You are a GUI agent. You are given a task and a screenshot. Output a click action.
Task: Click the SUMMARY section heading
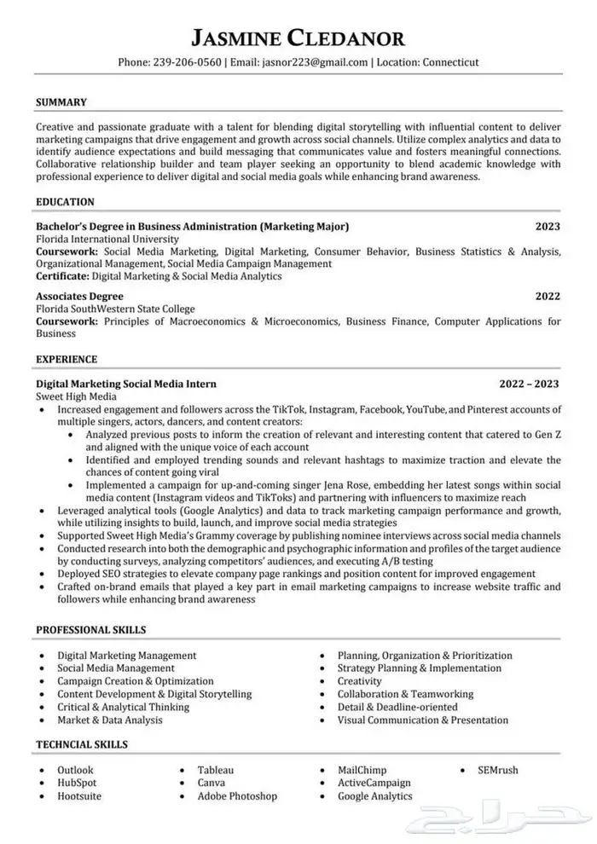(x=61, y=102)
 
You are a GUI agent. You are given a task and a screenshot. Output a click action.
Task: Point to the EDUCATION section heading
(x=66, y=202)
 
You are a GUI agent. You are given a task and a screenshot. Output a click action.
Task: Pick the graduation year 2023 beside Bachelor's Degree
(x=548, y=227)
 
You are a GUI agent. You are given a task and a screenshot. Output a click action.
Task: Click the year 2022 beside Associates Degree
(x=548, y=296)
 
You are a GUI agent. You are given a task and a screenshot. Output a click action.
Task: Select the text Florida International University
(x=107, y=240)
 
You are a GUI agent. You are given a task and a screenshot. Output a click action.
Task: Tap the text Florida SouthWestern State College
(x=115, y=309)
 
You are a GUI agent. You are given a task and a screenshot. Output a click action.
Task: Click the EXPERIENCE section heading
(x=67, y=359)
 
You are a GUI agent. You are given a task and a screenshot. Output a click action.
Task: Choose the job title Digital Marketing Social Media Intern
(x=126, y=384)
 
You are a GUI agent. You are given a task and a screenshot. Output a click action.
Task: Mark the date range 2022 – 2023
(x=530, y=384)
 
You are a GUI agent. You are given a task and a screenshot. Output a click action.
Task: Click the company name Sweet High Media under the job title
(x=77, y=397)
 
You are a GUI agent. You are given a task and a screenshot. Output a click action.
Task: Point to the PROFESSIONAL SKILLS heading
(x=90, y=630)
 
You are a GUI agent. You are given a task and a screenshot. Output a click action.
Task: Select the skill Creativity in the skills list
(x=360, y=681)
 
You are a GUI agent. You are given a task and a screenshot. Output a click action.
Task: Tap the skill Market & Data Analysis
(x=110, y=720)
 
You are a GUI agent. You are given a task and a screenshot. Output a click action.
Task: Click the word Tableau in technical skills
(x=216, y=770)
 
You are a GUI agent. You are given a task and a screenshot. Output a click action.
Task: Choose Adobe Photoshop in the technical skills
(x=237, y=795)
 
